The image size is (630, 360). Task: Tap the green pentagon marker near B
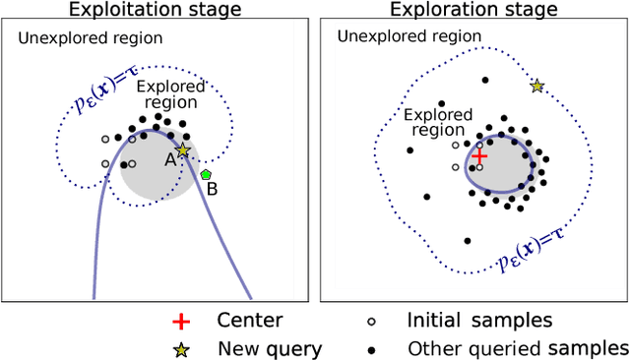206,174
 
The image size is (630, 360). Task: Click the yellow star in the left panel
182,150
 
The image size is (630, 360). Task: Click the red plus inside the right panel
478,156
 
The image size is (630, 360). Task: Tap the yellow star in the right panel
536,87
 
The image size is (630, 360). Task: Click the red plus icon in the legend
181,322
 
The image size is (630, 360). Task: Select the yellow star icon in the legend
181,348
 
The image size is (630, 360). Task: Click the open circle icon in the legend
370,322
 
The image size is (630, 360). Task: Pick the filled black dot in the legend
370,348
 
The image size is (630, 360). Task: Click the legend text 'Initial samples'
478,322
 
